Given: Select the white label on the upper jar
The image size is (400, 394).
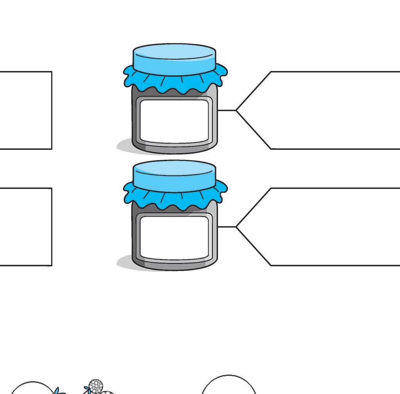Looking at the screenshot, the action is click(x=174, y=121).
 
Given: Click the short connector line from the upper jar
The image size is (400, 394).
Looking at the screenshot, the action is click(x=227, y=110).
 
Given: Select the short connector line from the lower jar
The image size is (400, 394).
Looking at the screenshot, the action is click(x=227, y=227).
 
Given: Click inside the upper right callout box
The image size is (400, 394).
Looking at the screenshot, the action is click(x=332, y=110).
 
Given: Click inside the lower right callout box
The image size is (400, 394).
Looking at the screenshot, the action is click(x=332, y=227).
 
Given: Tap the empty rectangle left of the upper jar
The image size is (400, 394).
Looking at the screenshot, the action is click(x=25, y=110).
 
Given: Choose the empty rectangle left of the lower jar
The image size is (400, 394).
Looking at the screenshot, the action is click(x=25, y=227).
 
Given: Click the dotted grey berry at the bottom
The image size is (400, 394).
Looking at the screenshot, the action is click(x=96, y=386).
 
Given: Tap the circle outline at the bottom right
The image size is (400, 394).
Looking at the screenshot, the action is click(x=229, y=376).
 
